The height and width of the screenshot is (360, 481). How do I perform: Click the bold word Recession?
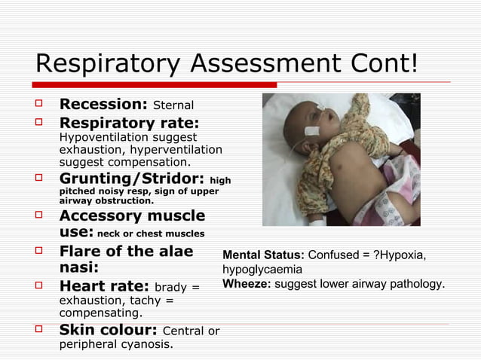pos(103,103)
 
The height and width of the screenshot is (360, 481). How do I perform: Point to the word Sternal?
pos(173,105)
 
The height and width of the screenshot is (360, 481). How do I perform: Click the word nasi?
pos(78,267)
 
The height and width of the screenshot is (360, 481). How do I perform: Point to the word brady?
pos(171,288)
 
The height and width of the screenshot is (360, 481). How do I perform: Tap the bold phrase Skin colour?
pos(108,330)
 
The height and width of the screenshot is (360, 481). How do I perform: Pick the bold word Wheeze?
pos(246,284)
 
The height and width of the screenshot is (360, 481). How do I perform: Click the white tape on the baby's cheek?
pos(311,130)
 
